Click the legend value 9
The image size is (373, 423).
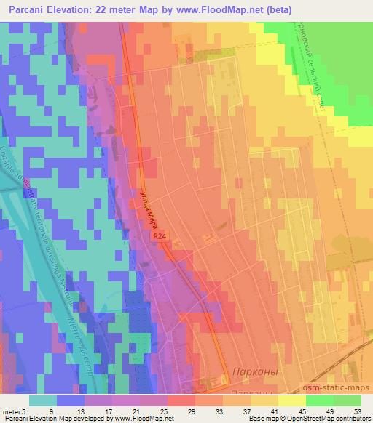51,411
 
